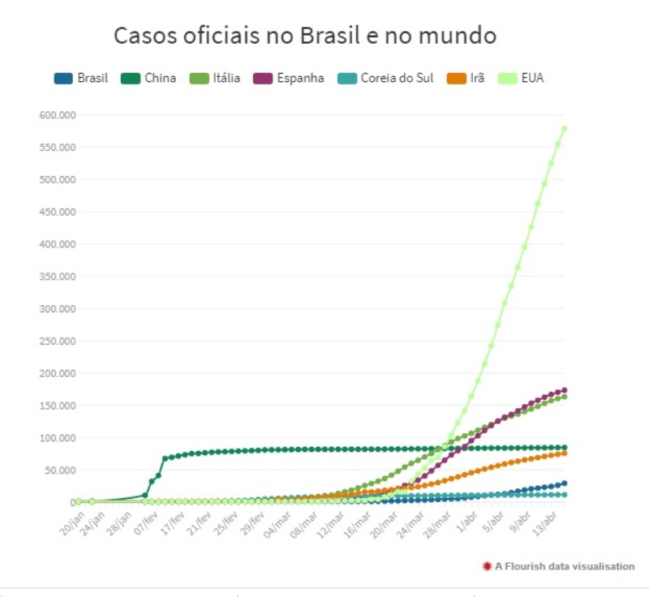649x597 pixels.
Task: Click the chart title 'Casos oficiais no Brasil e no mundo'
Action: [304, 37]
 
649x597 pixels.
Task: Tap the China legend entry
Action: [150, 79]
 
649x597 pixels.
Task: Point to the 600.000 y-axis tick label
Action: [57, 115]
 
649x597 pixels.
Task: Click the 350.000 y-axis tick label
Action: [57, 277]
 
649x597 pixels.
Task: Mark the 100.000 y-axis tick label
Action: [57, 438]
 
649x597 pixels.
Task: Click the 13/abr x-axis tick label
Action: [556, 518]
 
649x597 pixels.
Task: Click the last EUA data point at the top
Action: [564, 128]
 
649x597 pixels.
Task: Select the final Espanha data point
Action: [564, 390]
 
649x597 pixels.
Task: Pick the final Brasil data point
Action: [564, 483]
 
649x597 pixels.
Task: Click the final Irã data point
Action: [564, 453]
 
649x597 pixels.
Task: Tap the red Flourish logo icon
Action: [487, 566]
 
